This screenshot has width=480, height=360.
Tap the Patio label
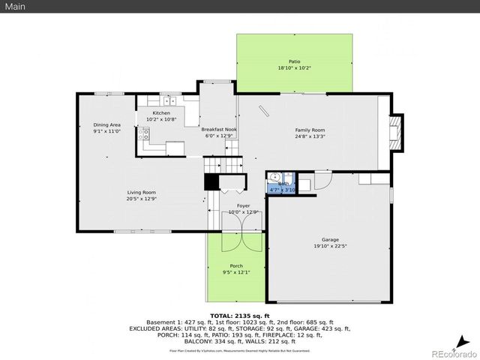[294, 61]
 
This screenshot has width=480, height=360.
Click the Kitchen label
[161, 112]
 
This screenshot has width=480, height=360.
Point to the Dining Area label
[106, 124]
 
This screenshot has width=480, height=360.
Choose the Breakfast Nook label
[219, 129]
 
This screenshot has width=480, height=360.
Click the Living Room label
[141, 193]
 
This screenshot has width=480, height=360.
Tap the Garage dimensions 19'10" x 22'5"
[329, 245]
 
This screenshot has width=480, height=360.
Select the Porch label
[235, 266]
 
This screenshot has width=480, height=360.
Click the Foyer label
[243, 205]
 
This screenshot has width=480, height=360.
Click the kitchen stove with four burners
[144, 135]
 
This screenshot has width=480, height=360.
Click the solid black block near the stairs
[211, 182]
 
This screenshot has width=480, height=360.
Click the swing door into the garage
[322, 180]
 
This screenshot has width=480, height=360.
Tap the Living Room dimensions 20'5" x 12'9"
[141, 199]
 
